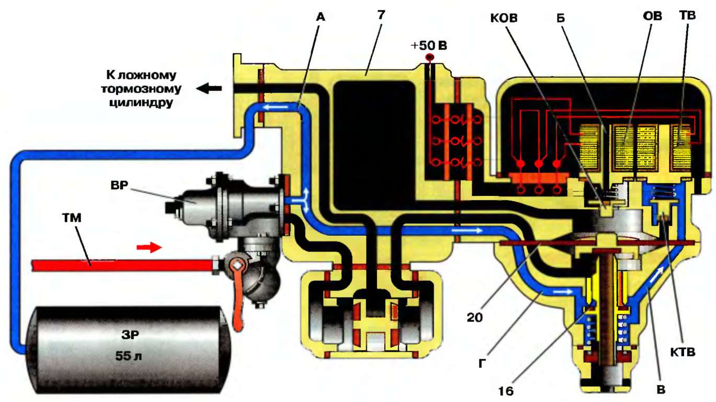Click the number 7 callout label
click(x=381, y=15)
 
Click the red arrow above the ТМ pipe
click(x=150, y=247)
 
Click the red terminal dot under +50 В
click(x=430, y=56)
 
